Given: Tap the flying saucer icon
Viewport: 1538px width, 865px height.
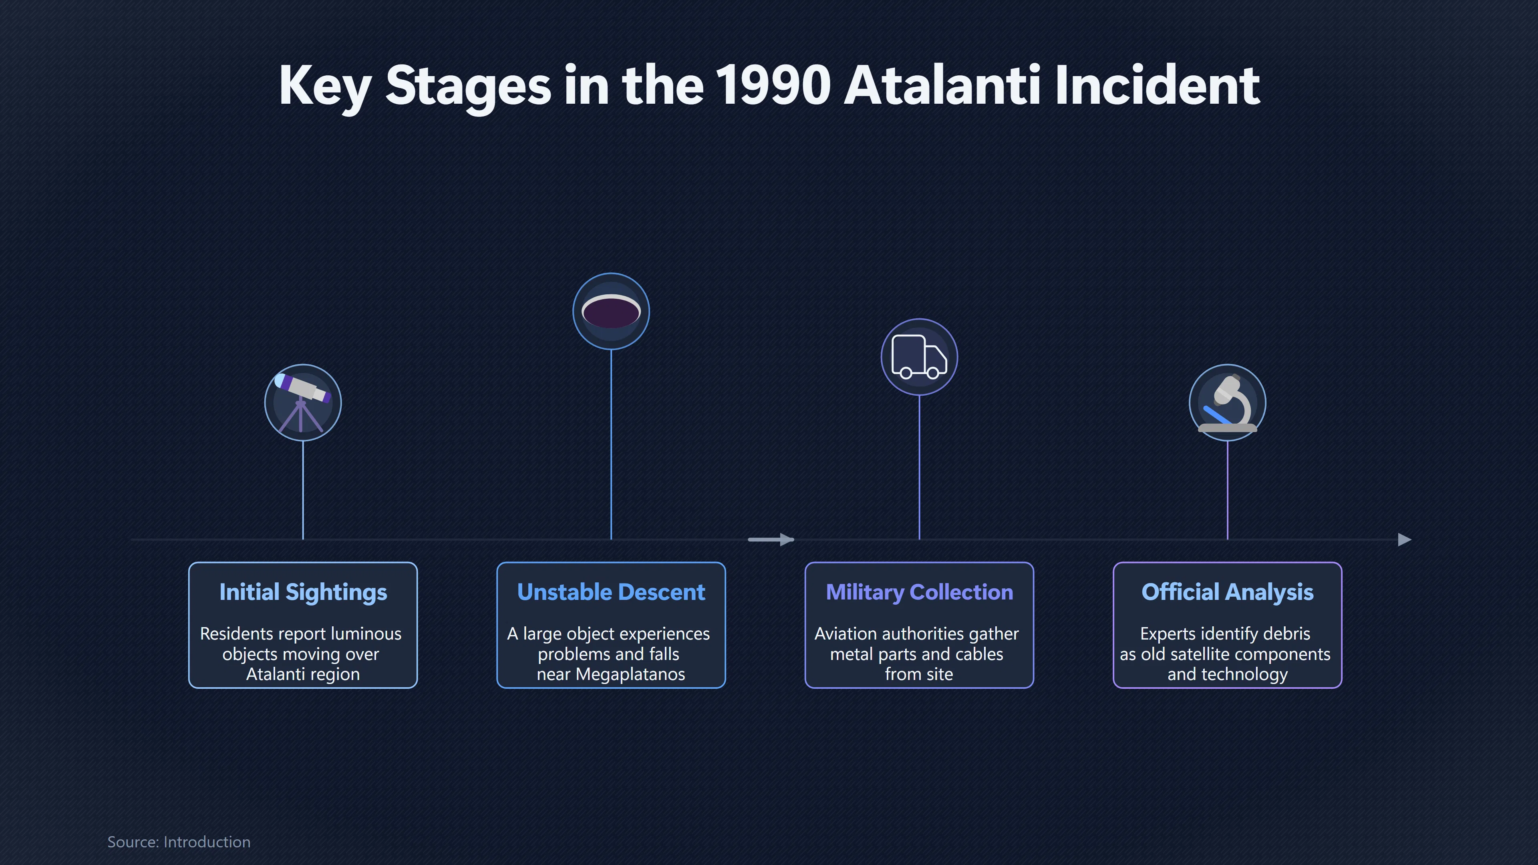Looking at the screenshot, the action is [611, 311].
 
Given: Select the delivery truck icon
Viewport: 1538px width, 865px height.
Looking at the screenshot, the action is [919, 357].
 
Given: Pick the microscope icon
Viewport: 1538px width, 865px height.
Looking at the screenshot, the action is [1228, 403].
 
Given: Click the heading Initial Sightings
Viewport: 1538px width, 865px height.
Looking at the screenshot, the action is [303, 592].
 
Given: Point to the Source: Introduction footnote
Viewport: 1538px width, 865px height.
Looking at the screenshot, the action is [179, 842].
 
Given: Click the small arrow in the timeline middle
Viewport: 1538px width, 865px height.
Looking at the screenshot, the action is [771, 540].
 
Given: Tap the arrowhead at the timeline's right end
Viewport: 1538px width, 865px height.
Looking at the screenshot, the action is [1405, 540].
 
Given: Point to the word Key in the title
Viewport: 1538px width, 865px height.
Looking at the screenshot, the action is [325, 86].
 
